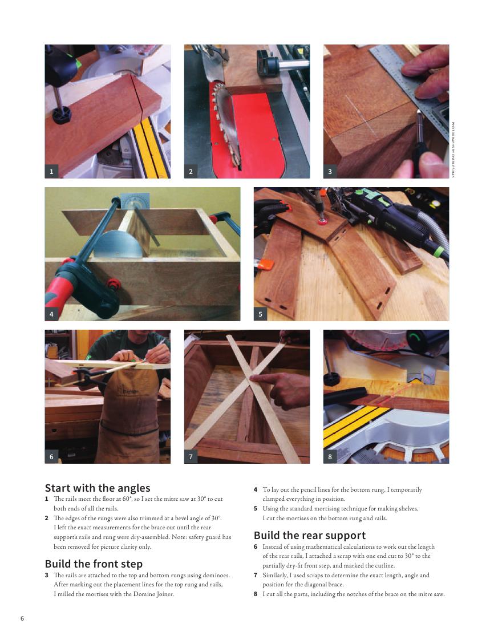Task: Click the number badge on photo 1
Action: (51, 172)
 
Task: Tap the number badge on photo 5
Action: (261, 314)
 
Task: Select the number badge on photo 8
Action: (330, 457)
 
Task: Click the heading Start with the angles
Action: (98, 488)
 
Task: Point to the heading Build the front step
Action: (94, 564)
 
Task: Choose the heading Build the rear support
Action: (310, 536)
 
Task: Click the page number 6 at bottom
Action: (22, 618)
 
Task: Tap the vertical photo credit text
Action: (453, 149)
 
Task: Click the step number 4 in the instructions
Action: (256, 489)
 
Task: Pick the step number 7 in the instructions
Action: (256, 575)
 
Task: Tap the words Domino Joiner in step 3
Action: (153, 594)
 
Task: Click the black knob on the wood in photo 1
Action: (62, 115)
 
